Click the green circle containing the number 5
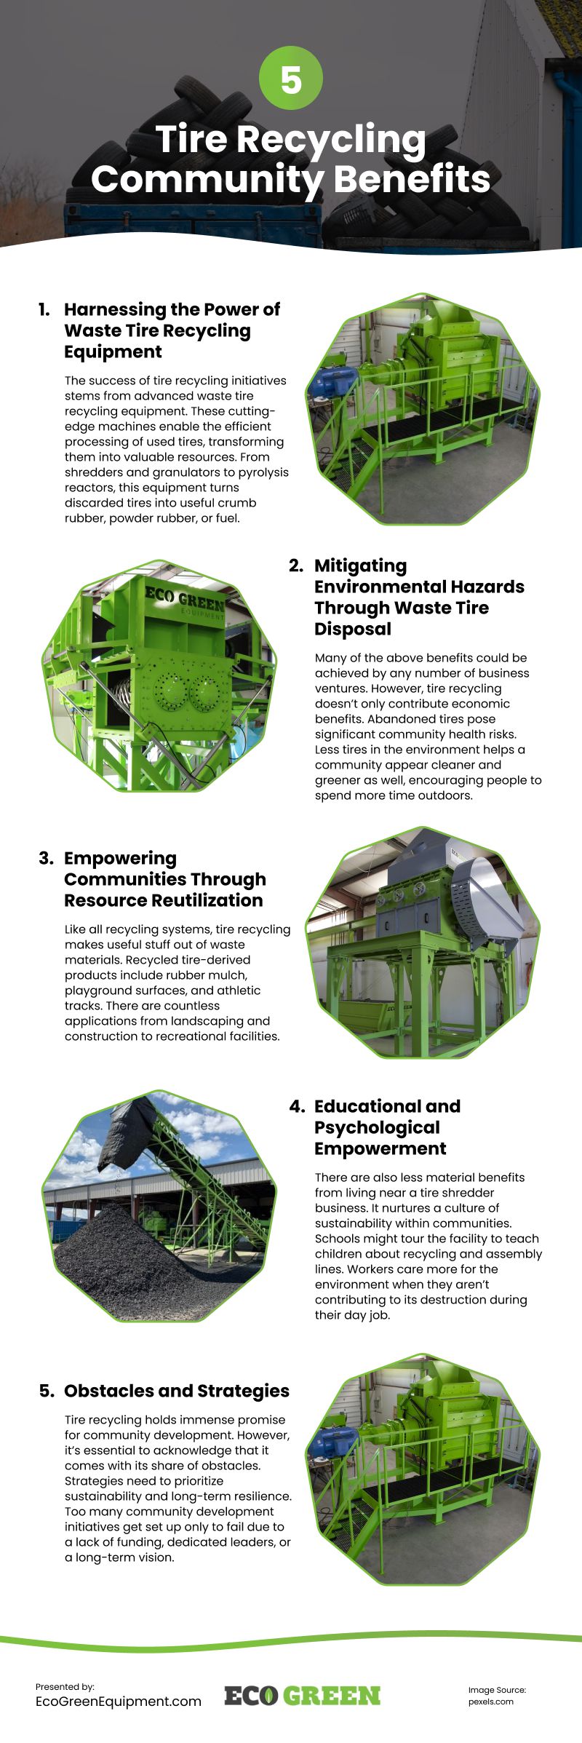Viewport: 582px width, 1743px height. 291,77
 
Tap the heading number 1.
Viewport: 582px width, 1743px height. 44,309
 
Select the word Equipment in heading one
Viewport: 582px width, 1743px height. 113,352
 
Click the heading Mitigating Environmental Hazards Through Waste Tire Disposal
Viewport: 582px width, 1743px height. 418,597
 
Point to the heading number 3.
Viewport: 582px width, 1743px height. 46,858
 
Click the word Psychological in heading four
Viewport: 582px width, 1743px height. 377,1127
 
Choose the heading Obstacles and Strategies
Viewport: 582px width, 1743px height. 177,1391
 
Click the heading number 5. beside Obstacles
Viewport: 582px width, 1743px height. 47,1391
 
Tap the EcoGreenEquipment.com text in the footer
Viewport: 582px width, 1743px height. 118,1701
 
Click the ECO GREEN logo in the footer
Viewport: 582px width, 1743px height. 302,1696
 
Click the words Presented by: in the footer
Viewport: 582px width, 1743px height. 65,1686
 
